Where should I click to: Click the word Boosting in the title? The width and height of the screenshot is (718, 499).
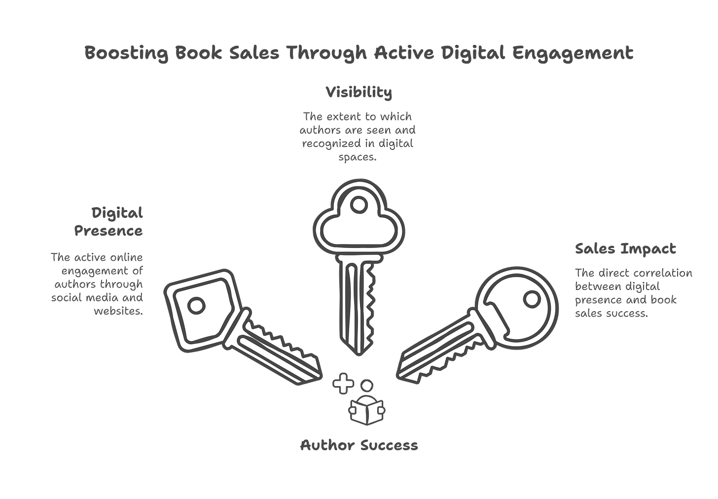tap(125, 53)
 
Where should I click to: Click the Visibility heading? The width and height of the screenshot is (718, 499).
tap(359, 92)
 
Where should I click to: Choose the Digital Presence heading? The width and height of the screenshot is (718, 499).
tap(109, 222)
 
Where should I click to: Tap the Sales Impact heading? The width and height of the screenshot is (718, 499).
tap(625, 249)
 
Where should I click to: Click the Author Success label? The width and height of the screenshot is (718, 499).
tap(359, 446)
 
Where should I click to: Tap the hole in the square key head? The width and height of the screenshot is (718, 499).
tap(197, 306)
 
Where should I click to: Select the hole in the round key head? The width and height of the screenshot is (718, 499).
tap(532, 299)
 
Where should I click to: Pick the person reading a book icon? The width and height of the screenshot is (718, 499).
tap(367, 404)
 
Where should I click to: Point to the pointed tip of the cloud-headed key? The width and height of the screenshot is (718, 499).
tap(359, 354)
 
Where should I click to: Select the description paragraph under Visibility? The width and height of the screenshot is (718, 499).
tap(359, 137)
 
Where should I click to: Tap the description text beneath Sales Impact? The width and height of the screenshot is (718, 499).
tap(634, 293)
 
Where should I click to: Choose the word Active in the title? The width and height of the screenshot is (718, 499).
tap(403, 53)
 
